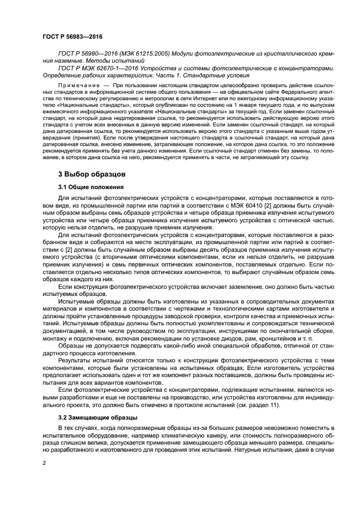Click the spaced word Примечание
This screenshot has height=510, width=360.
(x=78, y=86)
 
